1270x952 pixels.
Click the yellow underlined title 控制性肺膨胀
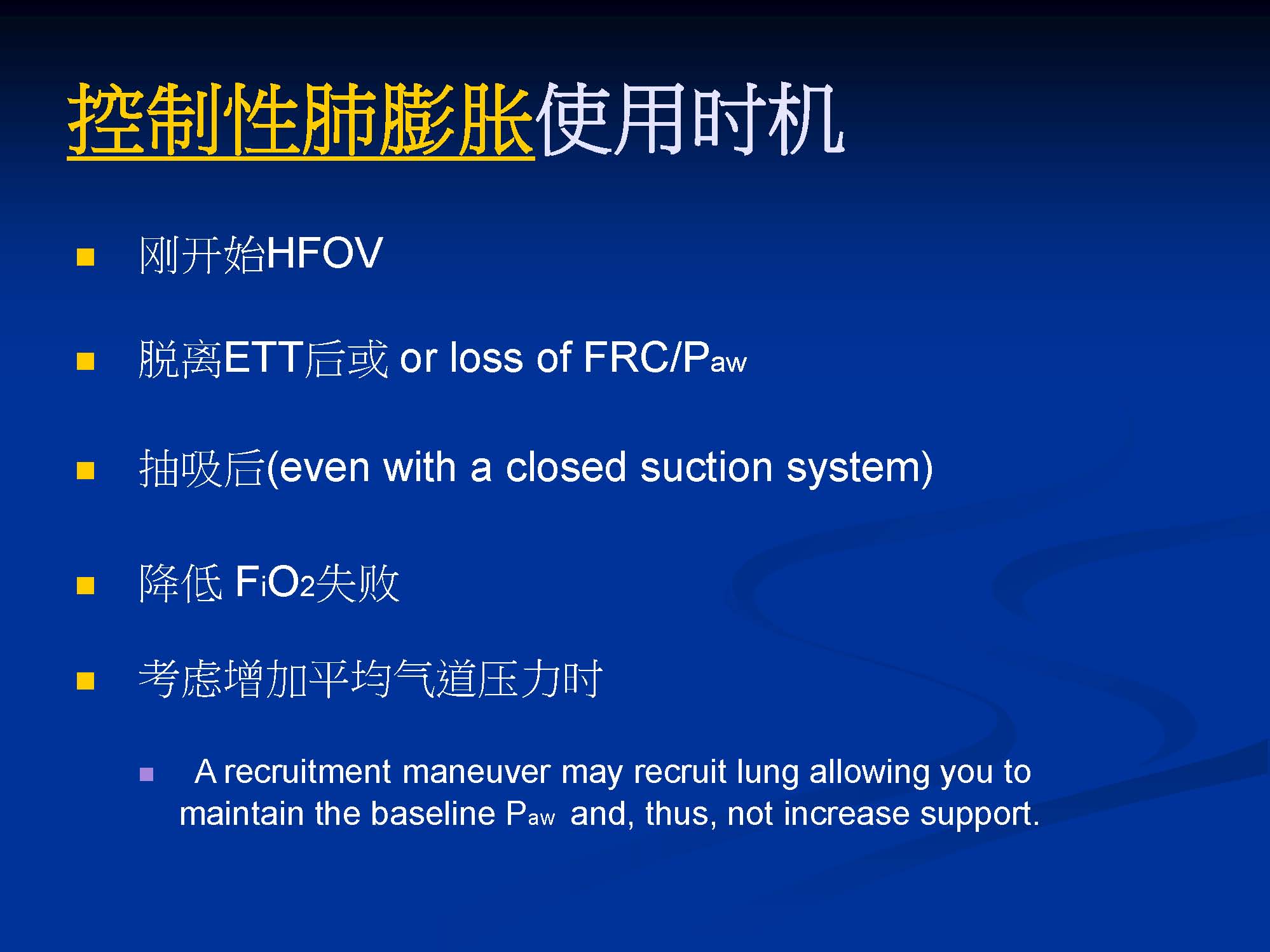(301, 119)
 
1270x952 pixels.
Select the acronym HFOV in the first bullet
(324, 253)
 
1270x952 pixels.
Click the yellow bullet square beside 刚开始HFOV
(85, 257)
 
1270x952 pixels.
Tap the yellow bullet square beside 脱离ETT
(85, 361)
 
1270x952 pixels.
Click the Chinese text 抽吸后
(201, 468)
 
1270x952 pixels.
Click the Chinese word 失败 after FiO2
(357, 583)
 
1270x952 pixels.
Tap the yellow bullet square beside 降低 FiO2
(85, 585)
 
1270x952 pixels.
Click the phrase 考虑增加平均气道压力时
(371, 679)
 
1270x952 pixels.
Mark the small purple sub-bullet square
(146, 774)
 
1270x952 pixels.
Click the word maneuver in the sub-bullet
(476, 772)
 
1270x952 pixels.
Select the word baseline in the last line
(433, 813)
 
